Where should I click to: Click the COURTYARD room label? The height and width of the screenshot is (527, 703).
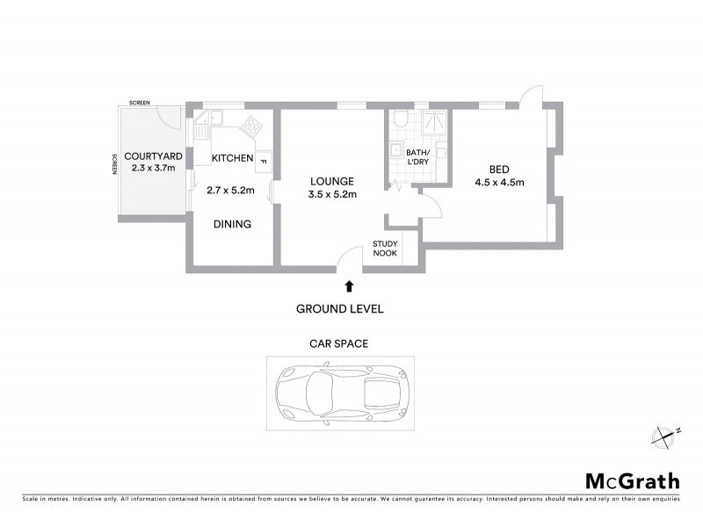pos(152,155)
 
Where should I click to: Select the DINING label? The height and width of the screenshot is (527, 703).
pos(233,224)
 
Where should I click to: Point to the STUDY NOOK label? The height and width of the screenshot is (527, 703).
pos(385,249)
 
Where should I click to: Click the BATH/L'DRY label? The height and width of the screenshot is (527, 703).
pos(417,157)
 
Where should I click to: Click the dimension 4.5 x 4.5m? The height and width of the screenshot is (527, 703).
pos(499,183)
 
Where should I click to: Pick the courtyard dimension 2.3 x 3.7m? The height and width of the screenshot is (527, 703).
pos(152,167)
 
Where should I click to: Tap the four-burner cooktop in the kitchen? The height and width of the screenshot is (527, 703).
pos(252,126)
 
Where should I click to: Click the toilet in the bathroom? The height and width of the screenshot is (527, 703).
pos(401,119)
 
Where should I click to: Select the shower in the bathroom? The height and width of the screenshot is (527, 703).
pos(434,123)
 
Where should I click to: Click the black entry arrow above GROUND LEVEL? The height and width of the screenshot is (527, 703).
pos(350,285)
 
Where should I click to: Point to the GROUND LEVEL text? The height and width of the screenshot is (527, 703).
pos(339,309)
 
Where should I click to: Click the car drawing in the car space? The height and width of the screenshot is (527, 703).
pos(339,393)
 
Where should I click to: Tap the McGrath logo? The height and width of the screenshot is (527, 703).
pos(632,480)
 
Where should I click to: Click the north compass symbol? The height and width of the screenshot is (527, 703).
pos(665,436)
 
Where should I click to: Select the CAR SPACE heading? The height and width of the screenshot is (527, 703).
pos(338,344)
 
